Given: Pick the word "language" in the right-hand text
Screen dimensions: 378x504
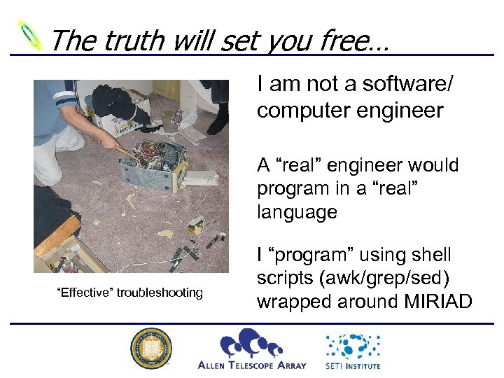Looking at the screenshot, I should pyautogui.click(x=297, y=212).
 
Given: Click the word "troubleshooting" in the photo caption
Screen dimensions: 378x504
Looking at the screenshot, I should pyautogui.click(x=160, y=293).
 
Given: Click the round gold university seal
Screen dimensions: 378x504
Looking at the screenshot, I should pyautogui.click(x=150, y=349).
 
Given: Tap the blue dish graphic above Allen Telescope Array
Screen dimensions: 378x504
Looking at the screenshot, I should pyautogui.click(x=251, y=344).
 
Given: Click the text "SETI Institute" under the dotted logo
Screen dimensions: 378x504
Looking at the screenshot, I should pyautogui.click(x=353, y=365).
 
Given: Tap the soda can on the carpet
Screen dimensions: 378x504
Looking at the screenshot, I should pyautogui.click(x=178, y=115).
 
